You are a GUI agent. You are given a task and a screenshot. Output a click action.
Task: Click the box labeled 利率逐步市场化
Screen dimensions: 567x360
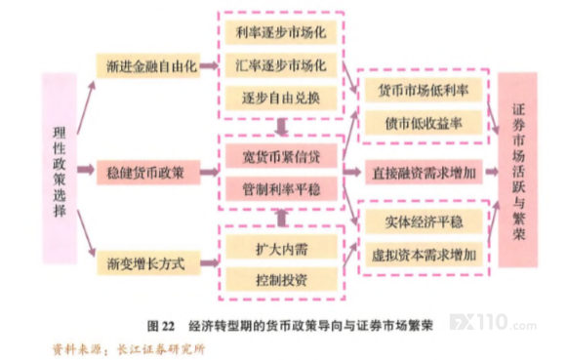coord(281,32)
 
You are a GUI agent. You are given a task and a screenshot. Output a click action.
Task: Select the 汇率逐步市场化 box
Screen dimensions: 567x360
coord(281,65)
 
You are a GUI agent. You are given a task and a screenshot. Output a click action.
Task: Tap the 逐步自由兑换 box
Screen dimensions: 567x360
coord(281,98)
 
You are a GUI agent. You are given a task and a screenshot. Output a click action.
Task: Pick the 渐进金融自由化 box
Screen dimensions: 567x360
coord(148,66)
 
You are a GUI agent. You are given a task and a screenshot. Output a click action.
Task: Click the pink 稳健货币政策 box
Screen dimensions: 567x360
coord(148,173)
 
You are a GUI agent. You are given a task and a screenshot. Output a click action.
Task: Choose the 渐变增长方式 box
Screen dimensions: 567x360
coord(148,263)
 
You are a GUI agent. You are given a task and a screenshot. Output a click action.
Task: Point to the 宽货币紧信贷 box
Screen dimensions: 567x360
coord(281,156)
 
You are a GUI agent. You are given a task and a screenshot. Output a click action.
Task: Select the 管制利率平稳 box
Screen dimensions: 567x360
coord(281,189)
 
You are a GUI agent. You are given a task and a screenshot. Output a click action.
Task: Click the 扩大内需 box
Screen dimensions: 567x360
coord(282,248)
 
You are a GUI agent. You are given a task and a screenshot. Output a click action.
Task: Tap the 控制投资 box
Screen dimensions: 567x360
coord(282,279)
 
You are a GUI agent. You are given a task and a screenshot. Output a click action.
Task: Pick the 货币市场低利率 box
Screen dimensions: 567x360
coord(424,91)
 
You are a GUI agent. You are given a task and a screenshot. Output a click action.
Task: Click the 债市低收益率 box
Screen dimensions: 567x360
coord(424,123)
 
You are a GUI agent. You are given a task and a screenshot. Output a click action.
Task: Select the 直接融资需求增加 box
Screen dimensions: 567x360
coord(424,173)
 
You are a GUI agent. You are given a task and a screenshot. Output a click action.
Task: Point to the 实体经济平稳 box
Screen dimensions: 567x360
coord(424,221)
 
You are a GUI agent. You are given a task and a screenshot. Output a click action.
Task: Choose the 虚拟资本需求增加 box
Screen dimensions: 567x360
coord(424,255)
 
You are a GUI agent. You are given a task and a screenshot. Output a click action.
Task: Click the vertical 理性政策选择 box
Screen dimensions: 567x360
coord(60,168)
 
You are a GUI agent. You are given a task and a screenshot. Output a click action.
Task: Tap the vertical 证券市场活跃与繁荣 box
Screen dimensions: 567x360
coord(518,170)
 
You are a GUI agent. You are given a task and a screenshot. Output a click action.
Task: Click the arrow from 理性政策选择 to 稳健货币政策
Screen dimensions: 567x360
coord(86,170)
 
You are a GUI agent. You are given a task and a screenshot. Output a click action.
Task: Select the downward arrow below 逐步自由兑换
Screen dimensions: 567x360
coord(281,127)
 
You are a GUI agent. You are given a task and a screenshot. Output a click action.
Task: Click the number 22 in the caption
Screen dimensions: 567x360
coord(168,326)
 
